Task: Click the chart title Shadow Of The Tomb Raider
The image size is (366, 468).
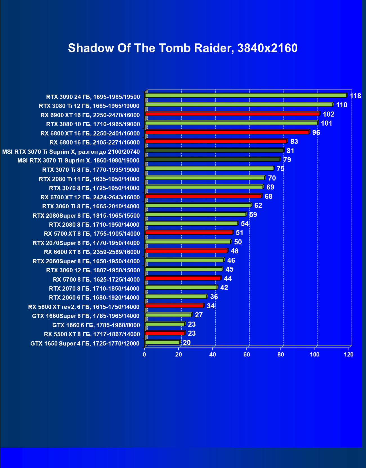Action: (x=183, y=48)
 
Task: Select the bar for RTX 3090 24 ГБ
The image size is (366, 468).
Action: (x=246, y=96)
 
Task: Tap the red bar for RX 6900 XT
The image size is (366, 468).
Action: (x=232, y=114)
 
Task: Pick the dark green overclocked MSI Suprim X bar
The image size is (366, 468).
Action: (x=214, y=150)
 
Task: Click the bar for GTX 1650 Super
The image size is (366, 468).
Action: (x=162, y=342)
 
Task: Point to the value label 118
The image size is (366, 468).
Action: (x=355, y=96)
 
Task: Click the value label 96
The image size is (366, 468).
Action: (x=316, y=133)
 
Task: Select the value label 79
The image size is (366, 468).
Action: (x=287, y=160)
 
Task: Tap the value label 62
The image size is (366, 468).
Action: (x=258, y=206)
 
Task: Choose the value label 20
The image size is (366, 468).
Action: (x=187, y=343)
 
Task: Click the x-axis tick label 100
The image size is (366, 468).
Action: (x=315, y=355)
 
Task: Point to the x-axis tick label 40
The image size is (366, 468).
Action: (x=213, y=355)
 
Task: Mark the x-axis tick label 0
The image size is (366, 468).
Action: (x=145, y=355)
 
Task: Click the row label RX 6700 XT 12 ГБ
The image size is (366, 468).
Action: (x=90, y=197)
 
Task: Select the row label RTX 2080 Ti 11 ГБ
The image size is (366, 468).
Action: (x=89, y=179)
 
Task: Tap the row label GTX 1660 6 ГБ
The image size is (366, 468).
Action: (x=96, y=325)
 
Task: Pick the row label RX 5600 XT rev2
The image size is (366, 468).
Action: (x=84, y=307)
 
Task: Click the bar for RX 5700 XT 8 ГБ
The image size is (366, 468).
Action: (x=189, y=233)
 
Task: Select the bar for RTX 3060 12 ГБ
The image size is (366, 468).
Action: (x=184, y=269)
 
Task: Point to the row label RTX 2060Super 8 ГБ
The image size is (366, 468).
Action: (x=86, y=261)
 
